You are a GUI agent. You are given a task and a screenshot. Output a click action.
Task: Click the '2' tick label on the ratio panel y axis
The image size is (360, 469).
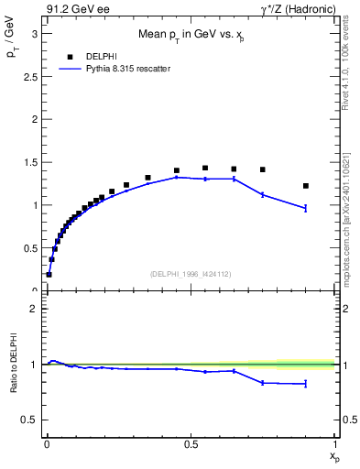(x=34, y=309)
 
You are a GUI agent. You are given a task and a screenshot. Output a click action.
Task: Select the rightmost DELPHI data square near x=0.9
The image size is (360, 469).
(x=306, y=186)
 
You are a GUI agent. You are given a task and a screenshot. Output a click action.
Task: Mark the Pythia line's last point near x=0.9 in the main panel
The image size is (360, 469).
(x=306, y=208)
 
